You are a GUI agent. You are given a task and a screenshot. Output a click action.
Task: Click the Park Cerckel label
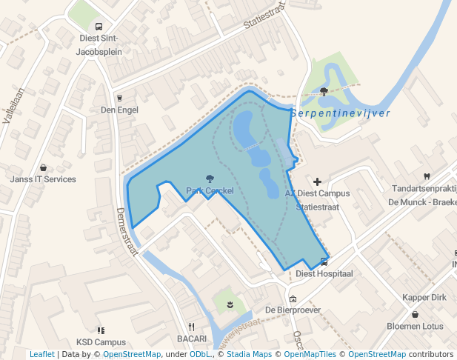(x=210, y=191)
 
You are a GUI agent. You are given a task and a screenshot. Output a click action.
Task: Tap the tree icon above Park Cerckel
(x=210, y=179)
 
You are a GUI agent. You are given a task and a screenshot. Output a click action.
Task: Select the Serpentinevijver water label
(x=340, y=113)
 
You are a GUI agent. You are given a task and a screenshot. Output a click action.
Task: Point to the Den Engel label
(x=119, y=110)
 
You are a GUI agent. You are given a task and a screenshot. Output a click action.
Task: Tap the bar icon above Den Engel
(x=119, y=97)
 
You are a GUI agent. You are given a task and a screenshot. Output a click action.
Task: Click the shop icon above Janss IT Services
(x=43, y=167)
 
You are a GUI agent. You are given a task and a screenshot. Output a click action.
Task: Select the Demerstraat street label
(x=127, y=231)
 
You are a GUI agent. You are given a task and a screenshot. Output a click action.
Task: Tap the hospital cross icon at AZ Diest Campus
(x=318, y=181)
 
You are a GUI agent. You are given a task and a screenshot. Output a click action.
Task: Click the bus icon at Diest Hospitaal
(x=324, y=261)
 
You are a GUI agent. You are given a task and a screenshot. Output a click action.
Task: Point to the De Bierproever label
(x=293, y=310)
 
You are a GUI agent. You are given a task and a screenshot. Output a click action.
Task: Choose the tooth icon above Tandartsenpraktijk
(x=426, y=176)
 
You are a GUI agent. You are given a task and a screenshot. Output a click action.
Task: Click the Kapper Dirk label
(x=424, y=297)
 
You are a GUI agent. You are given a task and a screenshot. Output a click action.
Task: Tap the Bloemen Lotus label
(x=415, y=326)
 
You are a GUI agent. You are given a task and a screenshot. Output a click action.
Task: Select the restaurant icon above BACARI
(x=191, y=326)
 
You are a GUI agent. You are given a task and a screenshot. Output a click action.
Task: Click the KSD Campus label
(x=101, y=342)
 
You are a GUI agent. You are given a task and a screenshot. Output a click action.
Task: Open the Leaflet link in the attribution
(x=42, y=354)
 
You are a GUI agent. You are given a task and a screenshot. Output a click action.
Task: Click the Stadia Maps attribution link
(x=250, y=354)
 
